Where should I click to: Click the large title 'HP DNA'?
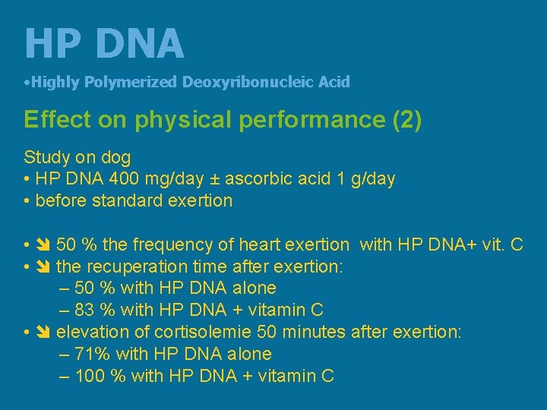coord(104,43)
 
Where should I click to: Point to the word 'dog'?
coord(115,158)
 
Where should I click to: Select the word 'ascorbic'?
coord(258,179)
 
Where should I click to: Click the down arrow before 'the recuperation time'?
coord(43,267)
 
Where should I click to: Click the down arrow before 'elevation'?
coord(43,333)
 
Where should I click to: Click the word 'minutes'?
coord(316,332)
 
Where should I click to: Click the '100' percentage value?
coord(90,375)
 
